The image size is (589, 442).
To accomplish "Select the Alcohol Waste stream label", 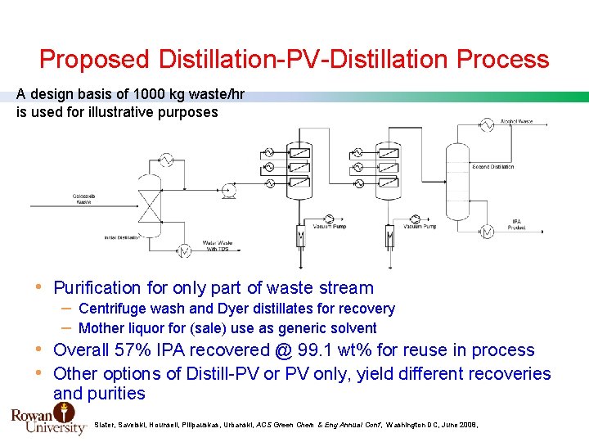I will (x=515, y=122).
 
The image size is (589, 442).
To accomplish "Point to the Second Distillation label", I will (x=492, y=167).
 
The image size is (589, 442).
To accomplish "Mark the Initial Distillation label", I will (x=120, y=237).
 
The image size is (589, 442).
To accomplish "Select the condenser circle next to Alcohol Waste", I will (x=483, y=124).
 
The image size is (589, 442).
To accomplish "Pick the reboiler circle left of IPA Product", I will (x=488, y=232).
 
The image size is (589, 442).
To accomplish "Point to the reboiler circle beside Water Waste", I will (x=186, y=249).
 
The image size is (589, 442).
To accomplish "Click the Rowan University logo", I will (x=47, y=419).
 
